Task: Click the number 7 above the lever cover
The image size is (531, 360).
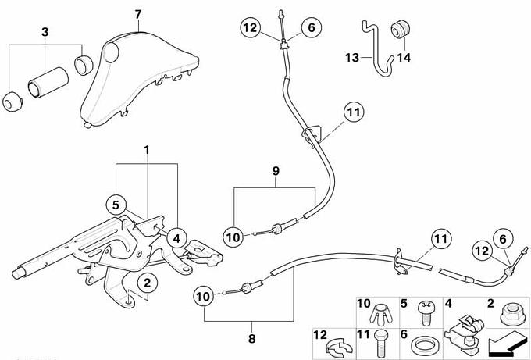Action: (x=138, y=15)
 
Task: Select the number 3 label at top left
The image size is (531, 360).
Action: (x=45, y=32)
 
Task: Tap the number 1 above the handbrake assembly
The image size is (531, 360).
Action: (x=146, y=148)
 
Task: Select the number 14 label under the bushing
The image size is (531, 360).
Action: (x=403, y=57)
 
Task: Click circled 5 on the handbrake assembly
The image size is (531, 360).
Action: (x=115, y=205)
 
